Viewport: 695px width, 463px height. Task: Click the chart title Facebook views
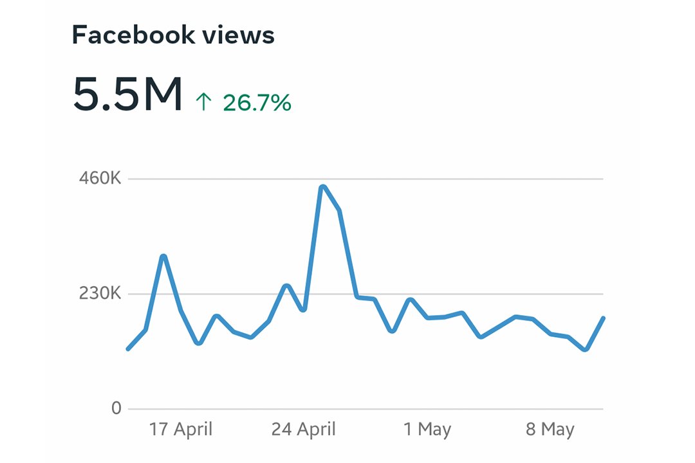(x=173, y=35)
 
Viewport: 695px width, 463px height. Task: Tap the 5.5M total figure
(x=127, y=94)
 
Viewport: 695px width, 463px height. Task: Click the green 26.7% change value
(x=257, y=102)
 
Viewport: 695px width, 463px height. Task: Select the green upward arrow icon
(x=203, y=102)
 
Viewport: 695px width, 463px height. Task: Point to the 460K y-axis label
(x=100, y=179)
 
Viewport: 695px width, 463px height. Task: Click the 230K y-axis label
(x=100, y=294)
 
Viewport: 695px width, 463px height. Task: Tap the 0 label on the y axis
(x=116, y=408)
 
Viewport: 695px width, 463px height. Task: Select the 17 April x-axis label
(x=181, y=429)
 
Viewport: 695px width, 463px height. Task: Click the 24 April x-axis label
(x=303, y=429)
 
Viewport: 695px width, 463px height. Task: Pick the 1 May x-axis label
(x=427, y=429)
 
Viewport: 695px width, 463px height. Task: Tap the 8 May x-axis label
(x=550, y=429)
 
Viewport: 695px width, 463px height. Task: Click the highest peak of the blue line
(x=322, y=187)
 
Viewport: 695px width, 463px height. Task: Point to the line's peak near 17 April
(x=163, y=257)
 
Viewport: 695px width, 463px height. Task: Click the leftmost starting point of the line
(x=128, y=349)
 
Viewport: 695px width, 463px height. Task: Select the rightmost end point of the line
(x=603, y=318)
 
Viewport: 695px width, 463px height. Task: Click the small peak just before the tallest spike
(x=286, y=286)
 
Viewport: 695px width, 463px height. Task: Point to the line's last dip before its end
(x=585, y=350)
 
